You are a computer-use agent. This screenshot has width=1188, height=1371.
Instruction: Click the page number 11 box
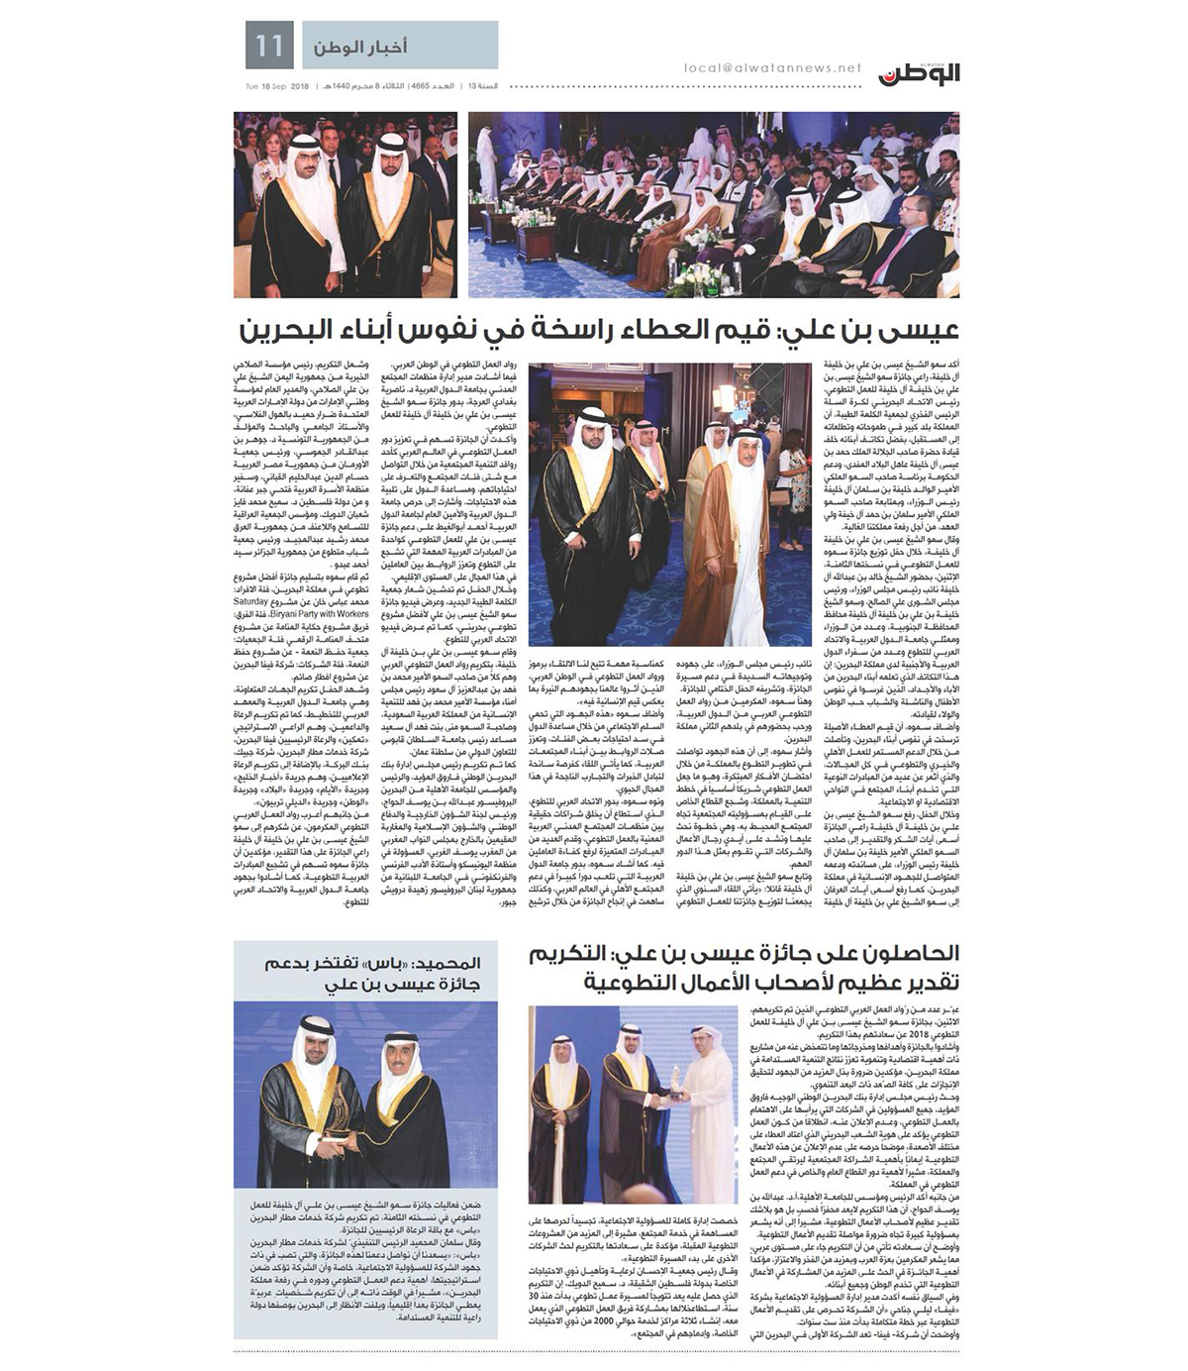pos(269,46)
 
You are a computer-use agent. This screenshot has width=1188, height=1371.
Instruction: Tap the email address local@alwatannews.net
pos(772,68)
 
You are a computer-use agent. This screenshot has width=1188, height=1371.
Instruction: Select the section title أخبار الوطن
pos(360,47)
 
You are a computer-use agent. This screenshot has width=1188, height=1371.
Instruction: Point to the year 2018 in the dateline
pos(301,86)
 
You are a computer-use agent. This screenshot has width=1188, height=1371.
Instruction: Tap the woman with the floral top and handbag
pos(793,475)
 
